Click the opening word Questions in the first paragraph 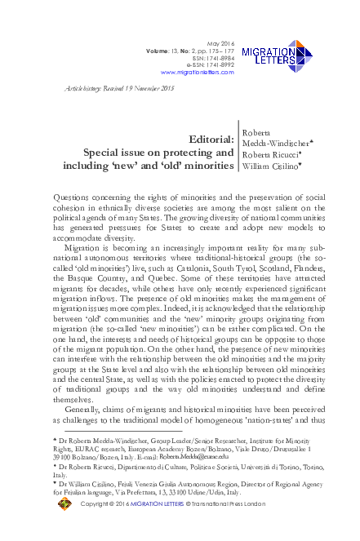pyautogui.click(x=73, y=198)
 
